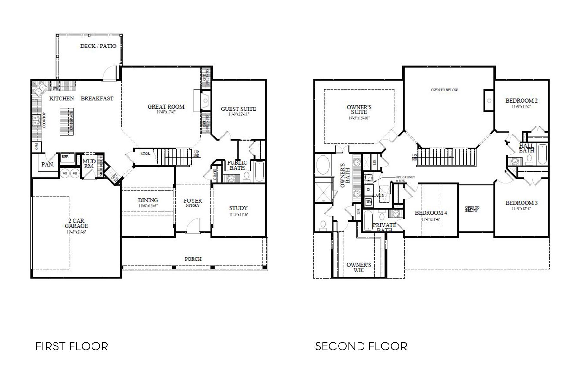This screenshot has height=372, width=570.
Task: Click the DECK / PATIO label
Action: click(x=98, y=46)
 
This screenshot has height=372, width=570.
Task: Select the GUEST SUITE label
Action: click(x=238, y=109)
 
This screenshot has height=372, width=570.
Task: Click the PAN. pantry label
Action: click(x=48, y=165)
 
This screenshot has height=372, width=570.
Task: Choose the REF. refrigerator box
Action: click(x=66, y=157)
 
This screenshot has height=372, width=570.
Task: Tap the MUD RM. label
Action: click(x=89, y=164)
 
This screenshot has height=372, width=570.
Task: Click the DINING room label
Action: click(x=148, y=200)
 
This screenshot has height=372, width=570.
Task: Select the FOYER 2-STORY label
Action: click(x=193, y=203)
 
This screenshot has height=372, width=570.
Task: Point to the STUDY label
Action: click(x=238, y=208)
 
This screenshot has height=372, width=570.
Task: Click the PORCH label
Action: click(x=193, y=259)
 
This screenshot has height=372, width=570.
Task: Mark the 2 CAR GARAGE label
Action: click(x=76, y=224)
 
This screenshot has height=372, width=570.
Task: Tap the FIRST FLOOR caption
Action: click(x=72, y=346)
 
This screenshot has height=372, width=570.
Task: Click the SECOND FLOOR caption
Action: click(x=361, y=346)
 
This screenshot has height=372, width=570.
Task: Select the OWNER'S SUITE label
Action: click(x=359, y=110)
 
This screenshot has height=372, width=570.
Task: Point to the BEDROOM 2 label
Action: click(x=521, y=101)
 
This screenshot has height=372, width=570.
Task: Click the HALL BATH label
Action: click(x=526, y=148)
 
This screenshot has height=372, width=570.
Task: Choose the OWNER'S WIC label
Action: click(x=359, y=267)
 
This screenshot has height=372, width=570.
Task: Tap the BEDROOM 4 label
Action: click(x=431, y=213)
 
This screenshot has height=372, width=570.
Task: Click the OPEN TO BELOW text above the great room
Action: click(x=444, y=90)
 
